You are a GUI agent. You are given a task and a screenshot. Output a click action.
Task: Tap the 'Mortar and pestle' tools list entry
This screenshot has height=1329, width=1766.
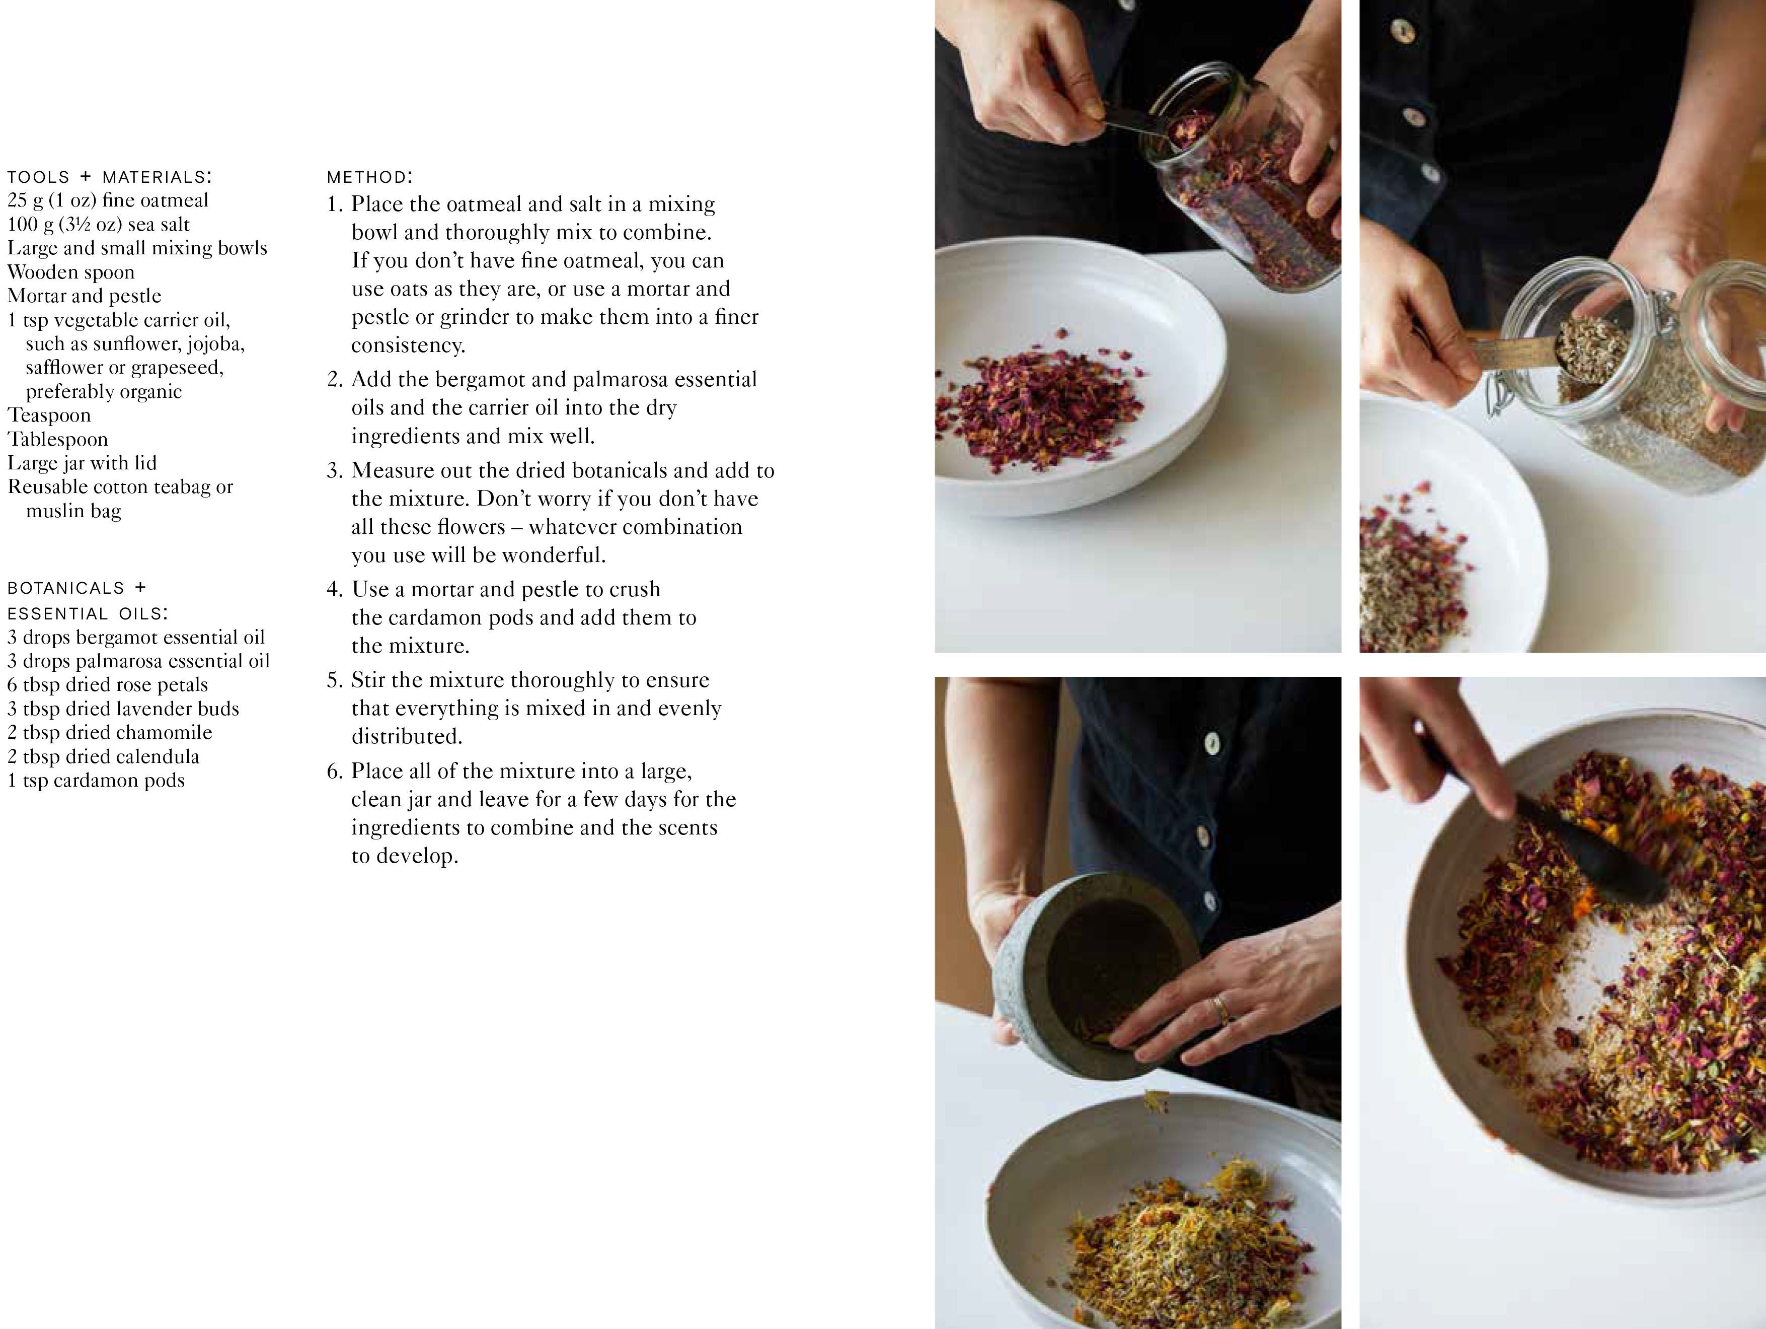point(85,296)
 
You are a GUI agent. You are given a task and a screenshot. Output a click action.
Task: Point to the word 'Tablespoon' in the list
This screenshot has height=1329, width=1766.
point(57,439)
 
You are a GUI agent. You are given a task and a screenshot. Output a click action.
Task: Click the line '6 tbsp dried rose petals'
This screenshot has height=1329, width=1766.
point(108,684)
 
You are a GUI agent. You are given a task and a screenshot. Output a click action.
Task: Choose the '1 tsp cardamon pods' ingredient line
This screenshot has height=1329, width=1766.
point(96,780)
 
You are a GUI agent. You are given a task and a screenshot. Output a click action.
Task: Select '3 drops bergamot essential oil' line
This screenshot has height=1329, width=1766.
point(136,638)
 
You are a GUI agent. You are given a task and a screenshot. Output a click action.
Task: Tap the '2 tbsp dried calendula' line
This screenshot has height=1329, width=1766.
point(103,756)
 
